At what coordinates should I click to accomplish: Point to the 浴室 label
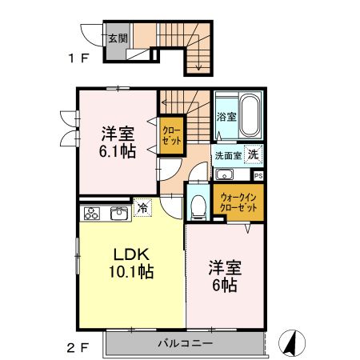226,117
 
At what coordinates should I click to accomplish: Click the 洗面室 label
226,155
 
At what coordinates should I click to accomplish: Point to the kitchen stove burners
93,213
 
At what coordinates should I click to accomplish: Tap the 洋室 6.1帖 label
117,142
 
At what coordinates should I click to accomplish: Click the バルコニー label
183,344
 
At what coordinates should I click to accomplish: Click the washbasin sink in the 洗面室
223,175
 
